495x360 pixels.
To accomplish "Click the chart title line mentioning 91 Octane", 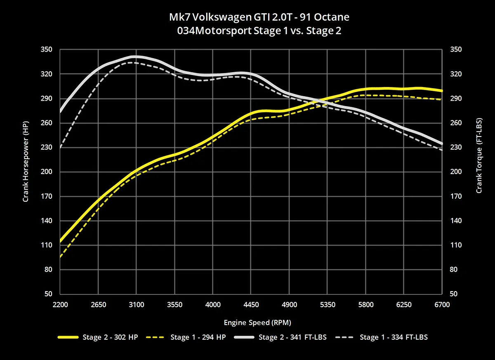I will tap(259, 17).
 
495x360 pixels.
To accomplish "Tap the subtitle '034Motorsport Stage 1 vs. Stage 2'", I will tap(259, 31).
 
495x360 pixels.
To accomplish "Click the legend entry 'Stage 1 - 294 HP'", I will tap(198, 337).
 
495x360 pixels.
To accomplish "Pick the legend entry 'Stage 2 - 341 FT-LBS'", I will tap(292, 337).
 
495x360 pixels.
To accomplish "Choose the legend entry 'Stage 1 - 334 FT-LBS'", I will tap(394, 337).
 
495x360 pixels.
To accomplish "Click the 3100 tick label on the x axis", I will tap(137, 305).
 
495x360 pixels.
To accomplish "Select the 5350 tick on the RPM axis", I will tap(328, 305).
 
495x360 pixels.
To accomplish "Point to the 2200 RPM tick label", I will tap(60, 305).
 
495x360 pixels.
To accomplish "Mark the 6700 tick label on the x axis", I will tap(442, 305).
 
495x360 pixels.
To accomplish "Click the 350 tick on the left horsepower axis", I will tap(47, 49).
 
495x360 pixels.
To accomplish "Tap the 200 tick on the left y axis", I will tap(47, 172).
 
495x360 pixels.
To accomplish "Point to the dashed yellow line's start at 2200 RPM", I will tap(61, 256).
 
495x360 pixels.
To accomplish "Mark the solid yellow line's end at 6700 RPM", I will tap(442, 91).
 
